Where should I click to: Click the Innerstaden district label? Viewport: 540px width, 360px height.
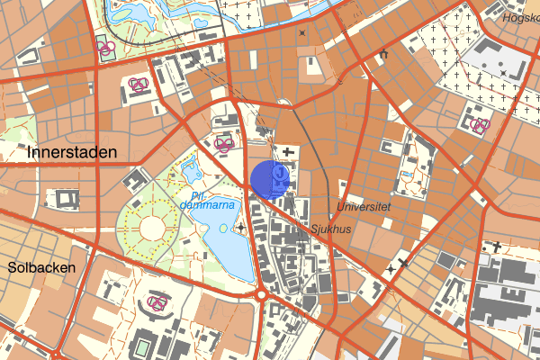click(72, 152)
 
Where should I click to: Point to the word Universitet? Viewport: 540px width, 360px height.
click(364, 206)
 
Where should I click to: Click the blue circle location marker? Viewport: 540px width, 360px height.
click(268, 179)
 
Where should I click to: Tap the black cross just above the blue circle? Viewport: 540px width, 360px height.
click(287, 151)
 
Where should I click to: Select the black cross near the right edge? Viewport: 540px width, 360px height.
click(495, 246)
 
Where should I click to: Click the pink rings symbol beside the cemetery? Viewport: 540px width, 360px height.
click(479, 126)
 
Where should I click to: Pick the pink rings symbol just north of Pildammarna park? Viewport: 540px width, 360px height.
click(222, 143)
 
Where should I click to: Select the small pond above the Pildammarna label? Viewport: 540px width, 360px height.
click(191, 166)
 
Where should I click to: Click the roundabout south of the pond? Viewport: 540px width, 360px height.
click(263, 294)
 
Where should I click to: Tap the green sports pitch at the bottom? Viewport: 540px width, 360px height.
click(143, 347)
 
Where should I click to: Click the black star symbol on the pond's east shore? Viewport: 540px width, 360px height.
click(240, 227)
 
